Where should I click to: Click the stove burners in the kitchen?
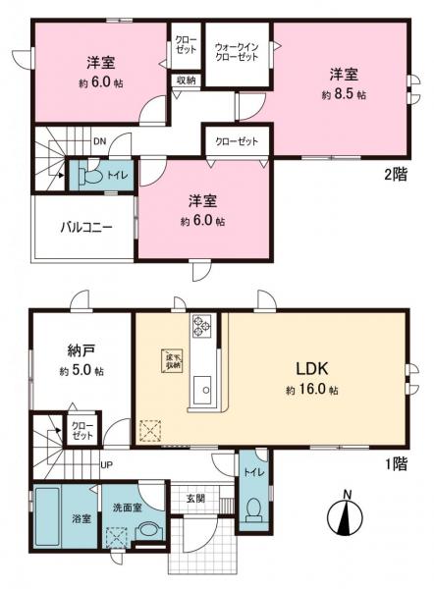pyautogui.click(x=203, y=325)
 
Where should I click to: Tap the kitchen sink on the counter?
pyautogui.click(x=204, y=392)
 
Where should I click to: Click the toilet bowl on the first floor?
pyautogui.click(x=253, y=508)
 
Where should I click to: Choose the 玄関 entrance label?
pyautogui.click(x=196, y=499)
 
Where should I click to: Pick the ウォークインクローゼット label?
pyautogui.click(x=238, y=50)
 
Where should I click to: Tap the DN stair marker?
pyautogui.click(x=99, y=140)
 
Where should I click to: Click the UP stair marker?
pyautogui.click(x=105, y=465)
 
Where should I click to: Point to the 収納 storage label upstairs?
pyautogui.click(x=186, y=80)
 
